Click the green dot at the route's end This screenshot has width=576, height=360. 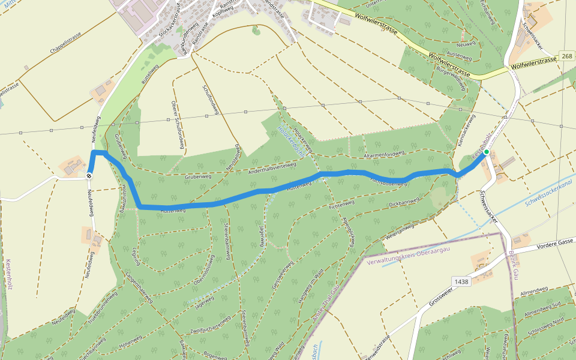(x=486, y=152)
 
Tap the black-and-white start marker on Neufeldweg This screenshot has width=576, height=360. (x=89, y=175)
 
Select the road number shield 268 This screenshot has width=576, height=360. (x=568, y=56)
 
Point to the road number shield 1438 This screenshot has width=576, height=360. (x=461, y=281)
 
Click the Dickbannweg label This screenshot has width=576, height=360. (x=403, y=202)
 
